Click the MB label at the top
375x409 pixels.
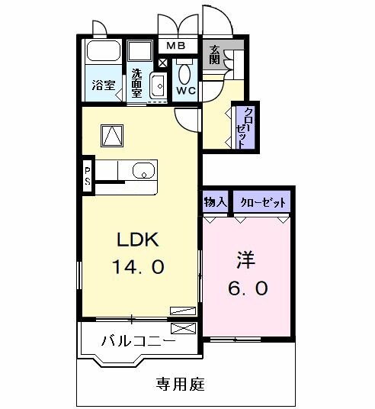tap(177, 47)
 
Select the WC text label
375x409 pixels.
tap(185, 91)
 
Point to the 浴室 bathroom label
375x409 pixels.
tap(103, 85)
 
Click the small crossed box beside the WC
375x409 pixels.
tap(162, 63)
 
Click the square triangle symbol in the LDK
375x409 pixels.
tap(112, 135)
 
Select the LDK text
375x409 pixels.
tap(137, 241)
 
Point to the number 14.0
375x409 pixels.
tap(138, 268)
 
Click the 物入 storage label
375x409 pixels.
tap(215, 202)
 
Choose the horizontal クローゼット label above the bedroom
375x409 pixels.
tap(263, 202)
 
